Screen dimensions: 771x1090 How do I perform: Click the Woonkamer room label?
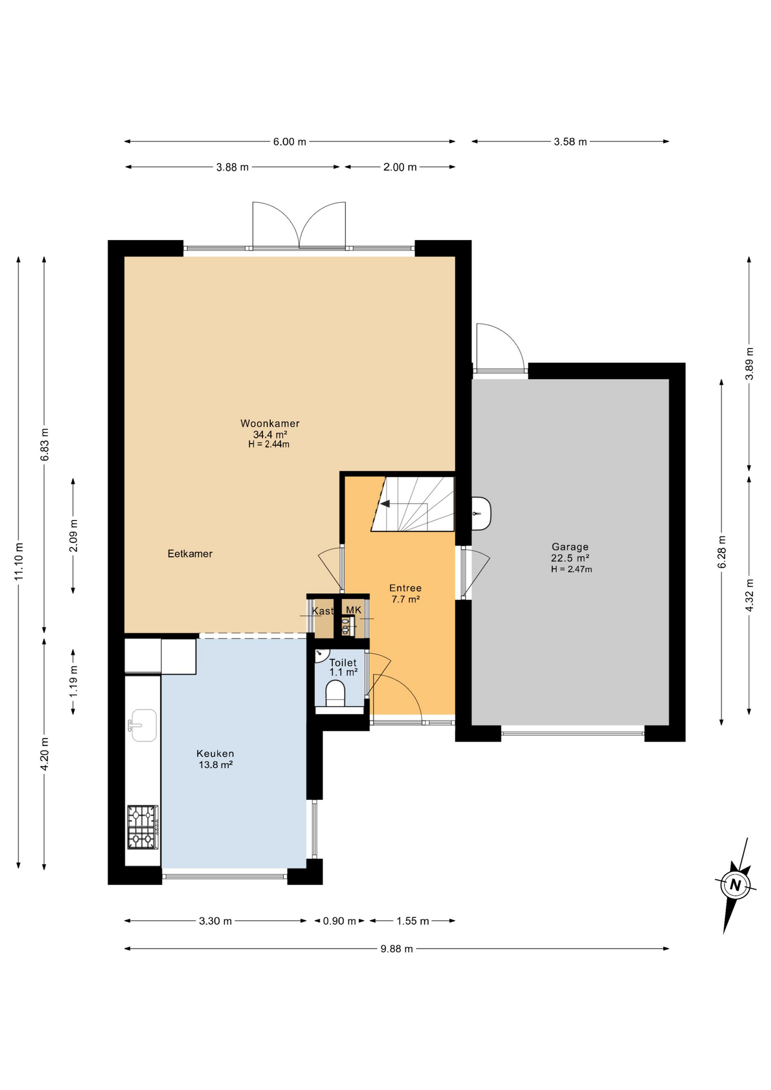(270, 424)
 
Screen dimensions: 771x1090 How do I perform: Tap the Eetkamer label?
(190, 554)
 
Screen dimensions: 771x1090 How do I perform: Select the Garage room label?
(570, 547)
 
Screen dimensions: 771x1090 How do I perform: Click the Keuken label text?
(215, 753)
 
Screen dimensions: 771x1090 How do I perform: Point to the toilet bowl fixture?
(336, 694)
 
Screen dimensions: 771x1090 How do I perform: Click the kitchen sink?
(143, 726)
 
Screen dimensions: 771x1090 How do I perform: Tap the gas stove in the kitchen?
(143, 827)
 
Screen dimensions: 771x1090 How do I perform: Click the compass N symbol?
(735, 885)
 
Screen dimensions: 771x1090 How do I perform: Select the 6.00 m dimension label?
(290, 141)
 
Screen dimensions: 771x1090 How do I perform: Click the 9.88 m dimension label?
(397, 949)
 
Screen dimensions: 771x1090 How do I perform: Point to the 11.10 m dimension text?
(19, 561)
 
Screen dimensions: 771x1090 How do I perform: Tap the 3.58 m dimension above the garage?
(570, 141)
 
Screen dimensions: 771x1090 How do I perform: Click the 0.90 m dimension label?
(340, 921)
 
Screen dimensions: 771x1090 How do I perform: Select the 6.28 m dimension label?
(722, 552)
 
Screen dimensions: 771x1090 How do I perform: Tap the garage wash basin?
(481, 514)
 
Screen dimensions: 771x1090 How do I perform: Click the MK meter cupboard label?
(354, 610)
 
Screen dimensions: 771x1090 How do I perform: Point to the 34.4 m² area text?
(270, 434)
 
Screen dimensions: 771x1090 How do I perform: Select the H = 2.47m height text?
(571, 569)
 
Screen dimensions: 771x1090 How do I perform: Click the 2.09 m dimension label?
(73, 535)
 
